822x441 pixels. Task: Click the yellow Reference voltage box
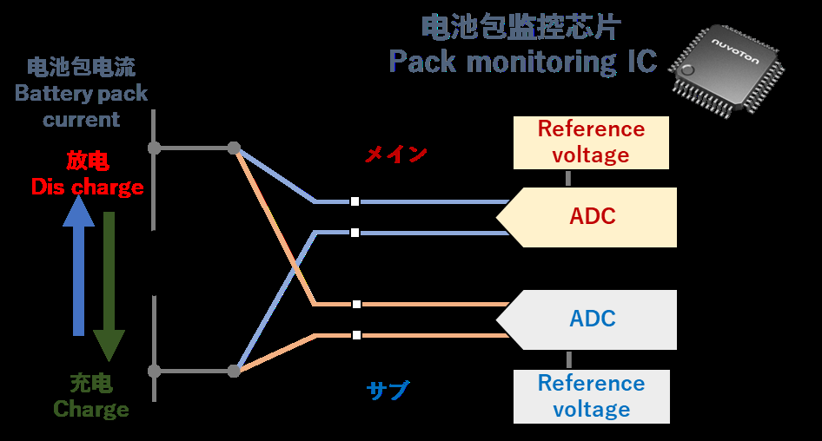[x=592, y=142]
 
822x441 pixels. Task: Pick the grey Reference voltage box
[x=592, y=396]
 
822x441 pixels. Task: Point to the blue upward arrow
[x=79, y=266]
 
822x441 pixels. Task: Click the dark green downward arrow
[x=109, y=286]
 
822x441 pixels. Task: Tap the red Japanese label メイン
[x=396, y=155]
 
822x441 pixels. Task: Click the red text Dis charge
[x=87, y=187]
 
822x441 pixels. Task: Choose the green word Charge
[x=91, y=409]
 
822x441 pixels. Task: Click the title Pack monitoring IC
[x=522, y=63]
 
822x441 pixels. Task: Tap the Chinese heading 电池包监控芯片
[x=521, y=27]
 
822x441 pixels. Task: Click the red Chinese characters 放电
[x=87, y=161]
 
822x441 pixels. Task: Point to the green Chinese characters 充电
[x=91, y=383]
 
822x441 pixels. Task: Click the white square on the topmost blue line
[x=355, y=201]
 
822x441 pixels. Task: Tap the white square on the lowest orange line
[x=357, y=335]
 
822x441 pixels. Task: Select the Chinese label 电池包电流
[x=82, y=68]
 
